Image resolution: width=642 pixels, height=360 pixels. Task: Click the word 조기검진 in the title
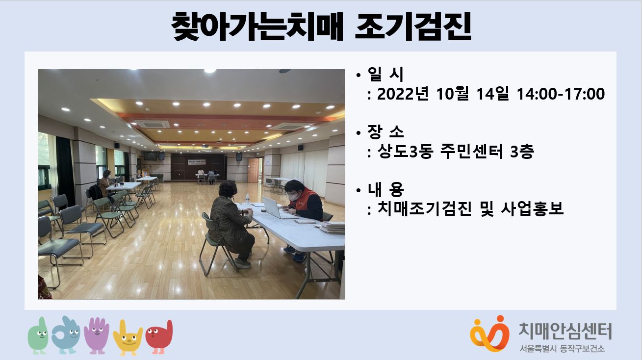[x=413, y=26]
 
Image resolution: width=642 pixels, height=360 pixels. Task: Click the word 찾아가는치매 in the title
[x=257, y=26]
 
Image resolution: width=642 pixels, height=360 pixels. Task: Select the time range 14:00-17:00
[x=561, y=94]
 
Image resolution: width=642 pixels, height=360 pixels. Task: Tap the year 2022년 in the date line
[x=403, y=94]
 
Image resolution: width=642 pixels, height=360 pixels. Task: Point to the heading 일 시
[x=385, y=74]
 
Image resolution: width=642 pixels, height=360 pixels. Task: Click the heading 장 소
[x=385, y=132]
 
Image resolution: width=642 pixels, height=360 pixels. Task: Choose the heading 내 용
[x=385, y=189]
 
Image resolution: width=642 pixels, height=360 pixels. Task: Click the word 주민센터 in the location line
[x=471, y=152]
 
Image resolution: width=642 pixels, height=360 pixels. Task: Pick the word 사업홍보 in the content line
[x=533, y=208]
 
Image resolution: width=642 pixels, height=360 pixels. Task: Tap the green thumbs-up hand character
[x=38, y=335]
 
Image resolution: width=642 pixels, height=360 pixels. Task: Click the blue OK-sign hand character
[x=66, y=335]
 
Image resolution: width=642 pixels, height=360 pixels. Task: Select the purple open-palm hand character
[x=97, y=335]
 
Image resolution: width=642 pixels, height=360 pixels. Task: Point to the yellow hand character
[x=128, y=337]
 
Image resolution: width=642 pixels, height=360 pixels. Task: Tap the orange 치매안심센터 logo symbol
[x=489, y=334]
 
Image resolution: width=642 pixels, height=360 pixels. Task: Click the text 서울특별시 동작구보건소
[x=562, y=349]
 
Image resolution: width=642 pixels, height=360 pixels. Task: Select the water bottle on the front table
[x=247, y=199]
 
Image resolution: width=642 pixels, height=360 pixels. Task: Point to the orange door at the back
[x=253, y=170]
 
